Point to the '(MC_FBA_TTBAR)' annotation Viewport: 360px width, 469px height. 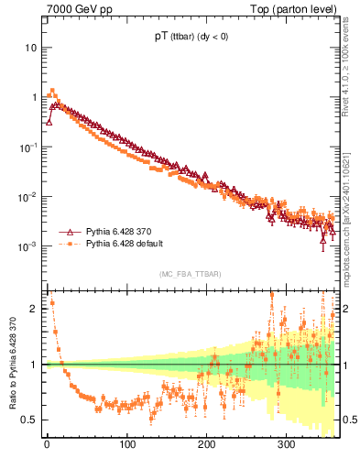(190, 275)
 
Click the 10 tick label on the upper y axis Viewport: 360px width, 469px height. (28, 47)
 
